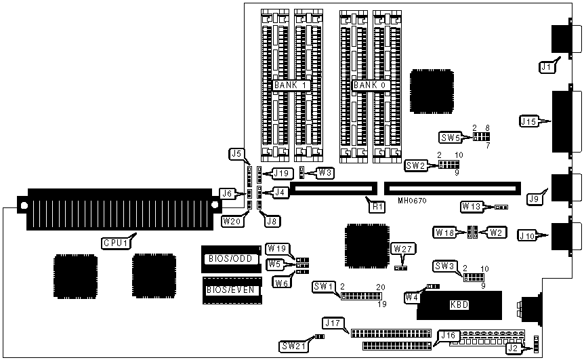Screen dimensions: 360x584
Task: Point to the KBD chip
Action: point(459,305)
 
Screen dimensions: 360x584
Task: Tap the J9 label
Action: point(535,199)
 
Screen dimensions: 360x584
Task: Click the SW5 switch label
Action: point(451,138)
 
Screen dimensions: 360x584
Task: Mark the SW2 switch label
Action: point(416,165)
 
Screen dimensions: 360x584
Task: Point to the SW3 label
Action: point(444,266)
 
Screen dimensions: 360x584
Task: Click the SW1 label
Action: point(325,287)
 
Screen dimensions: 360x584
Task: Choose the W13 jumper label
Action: point(472,206)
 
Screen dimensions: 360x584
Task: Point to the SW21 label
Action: point(293,345)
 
